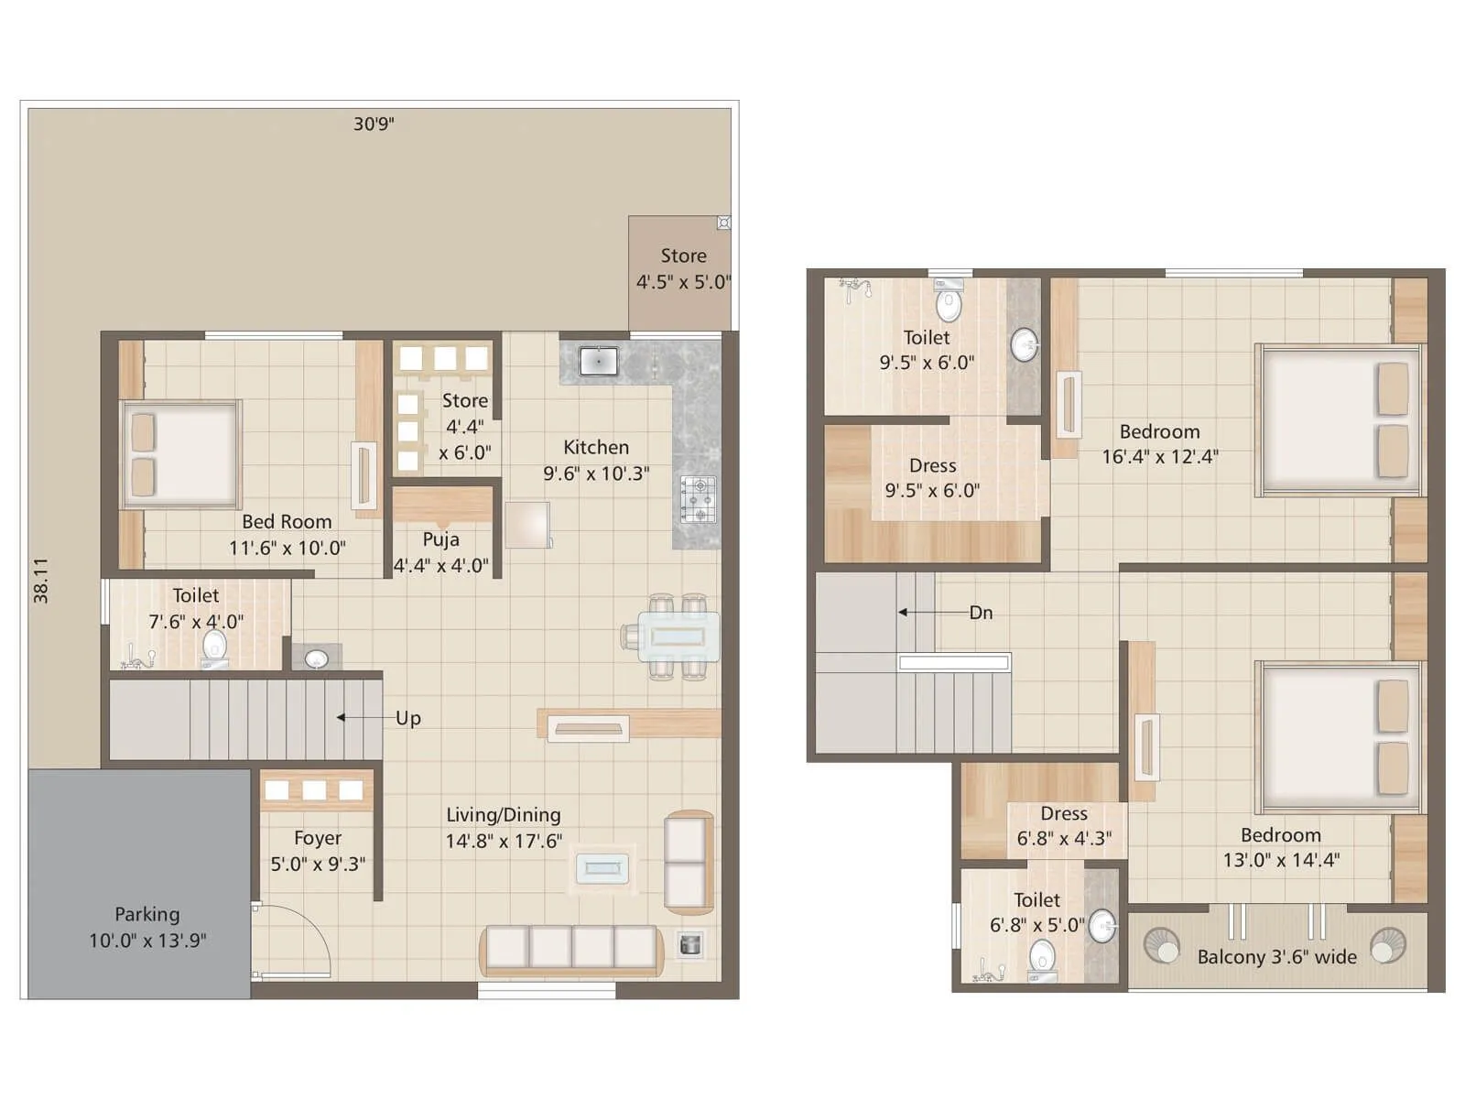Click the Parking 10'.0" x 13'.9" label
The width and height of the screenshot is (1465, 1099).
click(147, 927)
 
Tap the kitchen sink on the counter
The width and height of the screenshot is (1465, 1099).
click(598, 361)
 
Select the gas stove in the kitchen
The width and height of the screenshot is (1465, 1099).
click(698, 500)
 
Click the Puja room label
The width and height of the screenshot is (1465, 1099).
click(440, 552)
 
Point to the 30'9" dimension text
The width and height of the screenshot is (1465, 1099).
click(374, 124)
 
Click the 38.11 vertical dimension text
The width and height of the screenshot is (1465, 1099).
click(41, 580)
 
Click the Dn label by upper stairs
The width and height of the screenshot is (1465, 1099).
click(981, 613)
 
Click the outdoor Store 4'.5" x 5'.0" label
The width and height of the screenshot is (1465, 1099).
click(683, 268)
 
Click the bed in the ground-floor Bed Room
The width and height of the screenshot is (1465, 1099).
click(181, 453)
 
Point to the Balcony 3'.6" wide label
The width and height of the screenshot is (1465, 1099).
click(1276, 957)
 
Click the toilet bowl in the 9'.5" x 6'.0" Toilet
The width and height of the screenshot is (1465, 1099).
click(949, 302)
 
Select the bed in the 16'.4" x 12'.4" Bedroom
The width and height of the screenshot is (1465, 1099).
click(1340, 420)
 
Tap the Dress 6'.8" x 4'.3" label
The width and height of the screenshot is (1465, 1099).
click(1064, 826)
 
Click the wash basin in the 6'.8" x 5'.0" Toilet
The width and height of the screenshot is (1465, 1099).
click(1102, 926)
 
